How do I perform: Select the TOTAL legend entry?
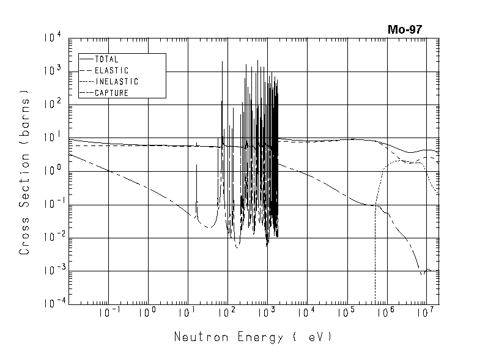[106, 59]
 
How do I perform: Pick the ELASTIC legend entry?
[111, 70]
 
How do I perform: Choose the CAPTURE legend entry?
[111, 93]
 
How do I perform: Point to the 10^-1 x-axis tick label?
[108, 313]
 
